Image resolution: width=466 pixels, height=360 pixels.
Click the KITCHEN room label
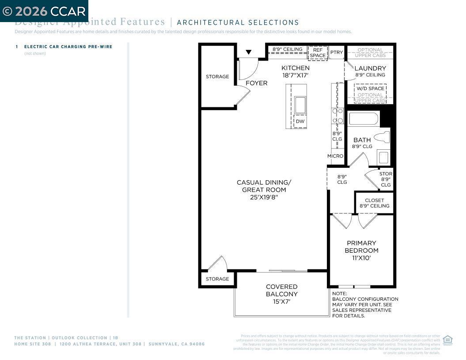point(296,68)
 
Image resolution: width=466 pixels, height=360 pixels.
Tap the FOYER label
point(256,83)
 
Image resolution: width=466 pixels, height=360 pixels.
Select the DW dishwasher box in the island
point(300,121)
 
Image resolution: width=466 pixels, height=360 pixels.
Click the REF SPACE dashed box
point(317,53)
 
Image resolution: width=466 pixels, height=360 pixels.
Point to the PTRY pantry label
point(336,53)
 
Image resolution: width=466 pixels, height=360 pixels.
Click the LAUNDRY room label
point(370,68)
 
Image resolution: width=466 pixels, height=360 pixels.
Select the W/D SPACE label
point(370,88)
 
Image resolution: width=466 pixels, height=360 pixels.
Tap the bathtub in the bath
point(363,119)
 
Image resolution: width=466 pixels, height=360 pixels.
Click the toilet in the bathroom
point(382,137)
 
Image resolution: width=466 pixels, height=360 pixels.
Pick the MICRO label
point(335,156)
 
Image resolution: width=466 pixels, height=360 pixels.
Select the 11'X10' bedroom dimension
point(361,258)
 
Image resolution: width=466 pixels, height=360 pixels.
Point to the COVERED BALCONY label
point(281,290)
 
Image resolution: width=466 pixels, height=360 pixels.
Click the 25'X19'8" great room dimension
point(264,197)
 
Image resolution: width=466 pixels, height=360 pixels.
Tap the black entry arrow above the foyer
point(249,52)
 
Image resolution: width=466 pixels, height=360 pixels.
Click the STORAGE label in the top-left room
point(217,77)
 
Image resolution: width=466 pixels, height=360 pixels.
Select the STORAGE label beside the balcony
point(217,279)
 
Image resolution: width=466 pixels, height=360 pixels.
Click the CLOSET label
point(374,200)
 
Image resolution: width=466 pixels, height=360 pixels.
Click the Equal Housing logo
point(447,340)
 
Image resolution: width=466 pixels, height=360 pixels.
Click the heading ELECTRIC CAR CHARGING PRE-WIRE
point(68,47)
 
